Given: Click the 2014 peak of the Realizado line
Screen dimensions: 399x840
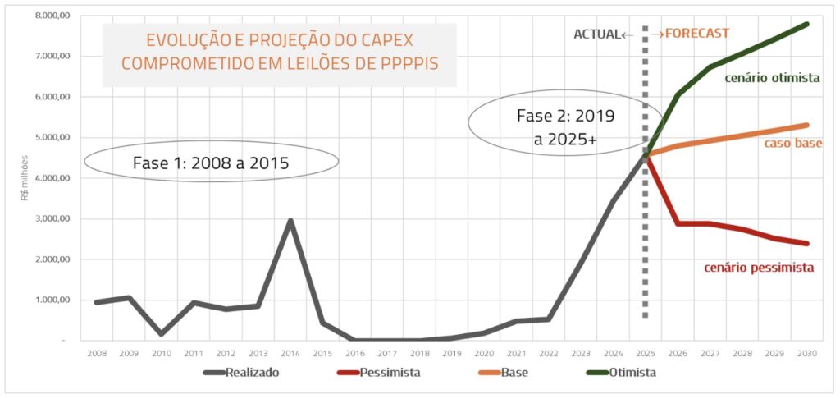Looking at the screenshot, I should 290,221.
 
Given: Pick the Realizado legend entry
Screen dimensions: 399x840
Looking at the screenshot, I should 253,373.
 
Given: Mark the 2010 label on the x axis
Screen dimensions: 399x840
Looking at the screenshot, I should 162,353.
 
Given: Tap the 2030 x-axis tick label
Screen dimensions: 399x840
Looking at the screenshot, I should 806,353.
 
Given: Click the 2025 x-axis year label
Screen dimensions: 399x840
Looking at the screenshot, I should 645,353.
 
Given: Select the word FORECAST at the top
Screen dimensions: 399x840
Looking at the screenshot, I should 697,34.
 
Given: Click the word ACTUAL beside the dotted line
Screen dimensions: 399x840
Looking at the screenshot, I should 596,34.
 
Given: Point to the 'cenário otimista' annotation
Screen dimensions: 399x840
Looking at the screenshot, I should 772,78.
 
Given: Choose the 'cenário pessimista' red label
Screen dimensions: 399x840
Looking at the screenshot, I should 759,268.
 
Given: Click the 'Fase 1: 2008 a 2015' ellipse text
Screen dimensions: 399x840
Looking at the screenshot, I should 211,163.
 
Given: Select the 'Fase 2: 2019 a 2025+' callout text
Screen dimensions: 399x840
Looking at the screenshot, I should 566,127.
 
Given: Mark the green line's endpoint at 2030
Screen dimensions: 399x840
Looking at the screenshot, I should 806,25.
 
